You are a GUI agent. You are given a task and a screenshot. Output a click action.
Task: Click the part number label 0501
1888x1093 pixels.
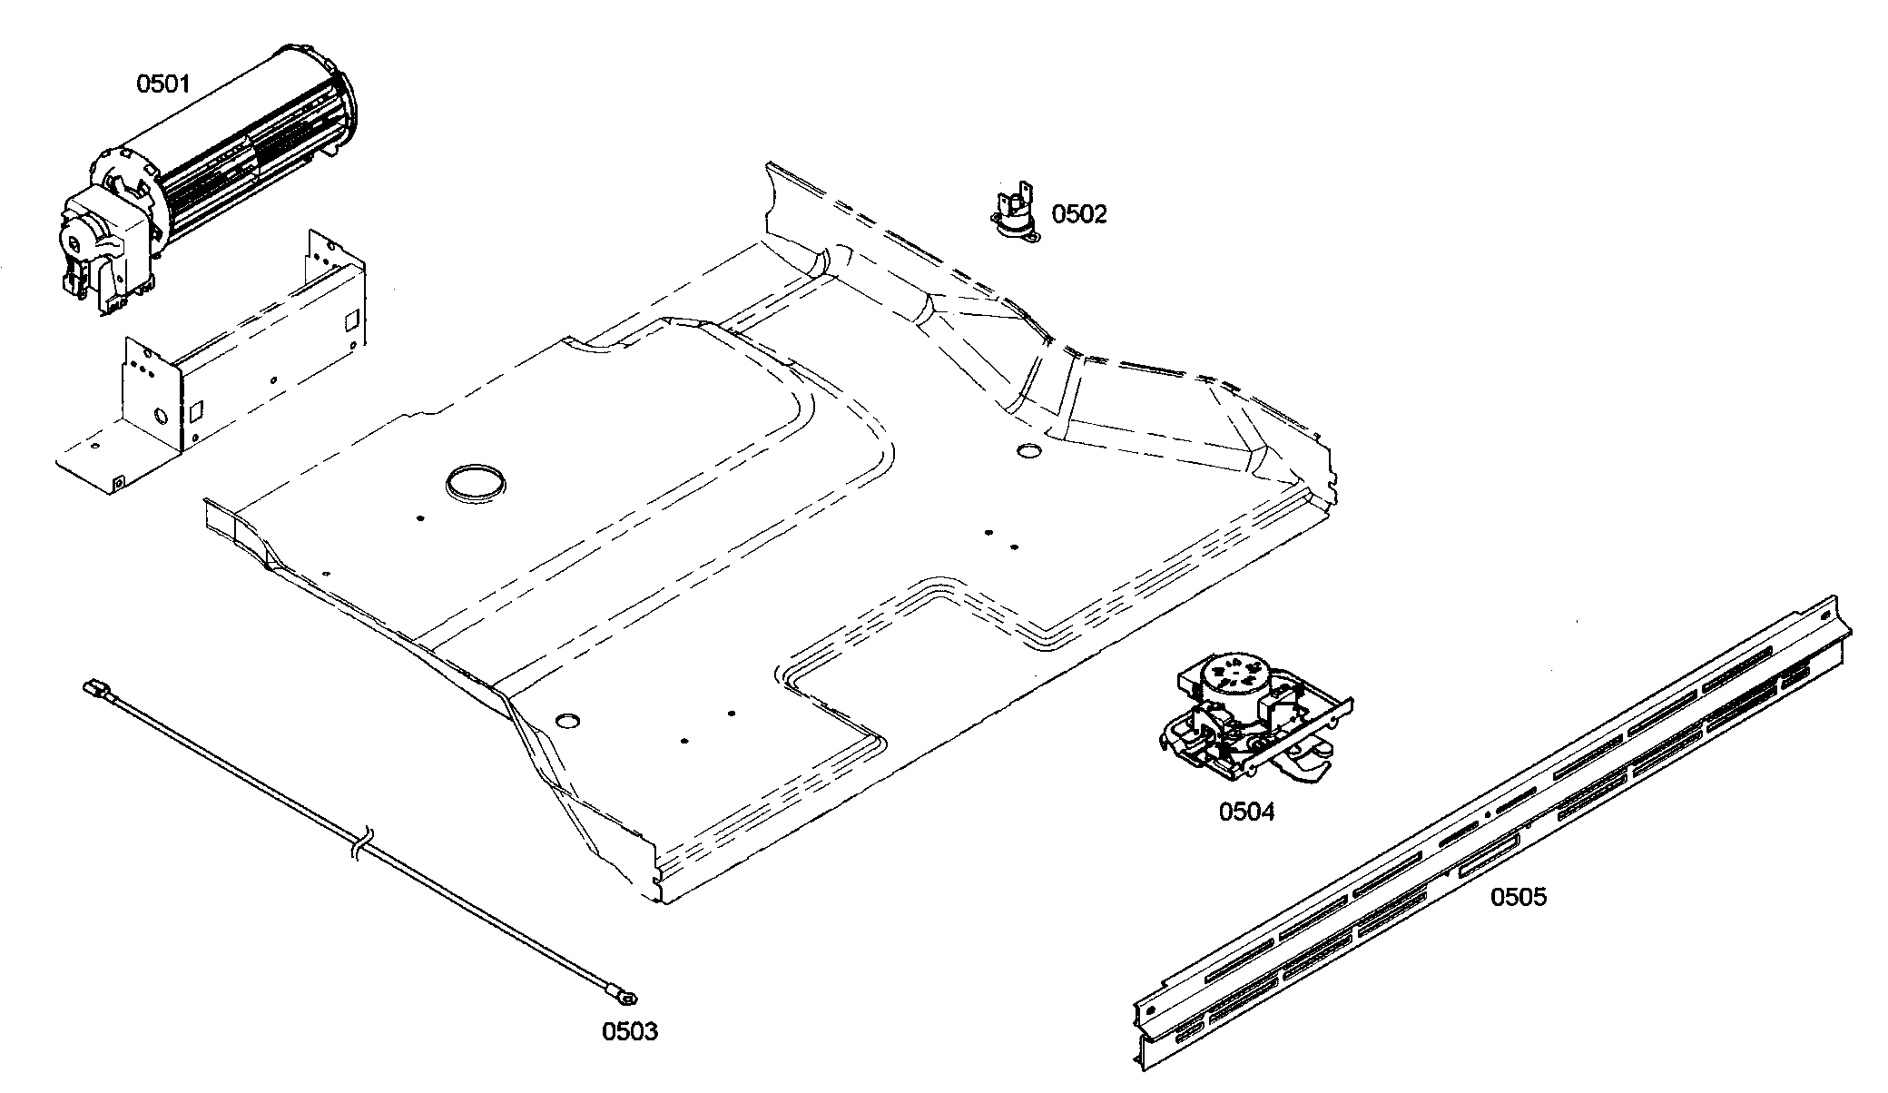[x=163, y=84]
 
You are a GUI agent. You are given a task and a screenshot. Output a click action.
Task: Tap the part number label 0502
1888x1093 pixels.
[x=1079, y=214]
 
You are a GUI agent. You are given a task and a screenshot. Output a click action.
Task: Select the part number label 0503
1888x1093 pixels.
[x=630, y=1031]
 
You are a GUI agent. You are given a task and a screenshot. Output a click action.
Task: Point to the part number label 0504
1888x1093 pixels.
[x=1246, y=812]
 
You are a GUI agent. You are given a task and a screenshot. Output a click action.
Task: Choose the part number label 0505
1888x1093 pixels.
[x=1519, y=897]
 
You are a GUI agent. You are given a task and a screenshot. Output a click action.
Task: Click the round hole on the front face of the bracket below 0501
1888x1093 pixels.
[x=162, y=417]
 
